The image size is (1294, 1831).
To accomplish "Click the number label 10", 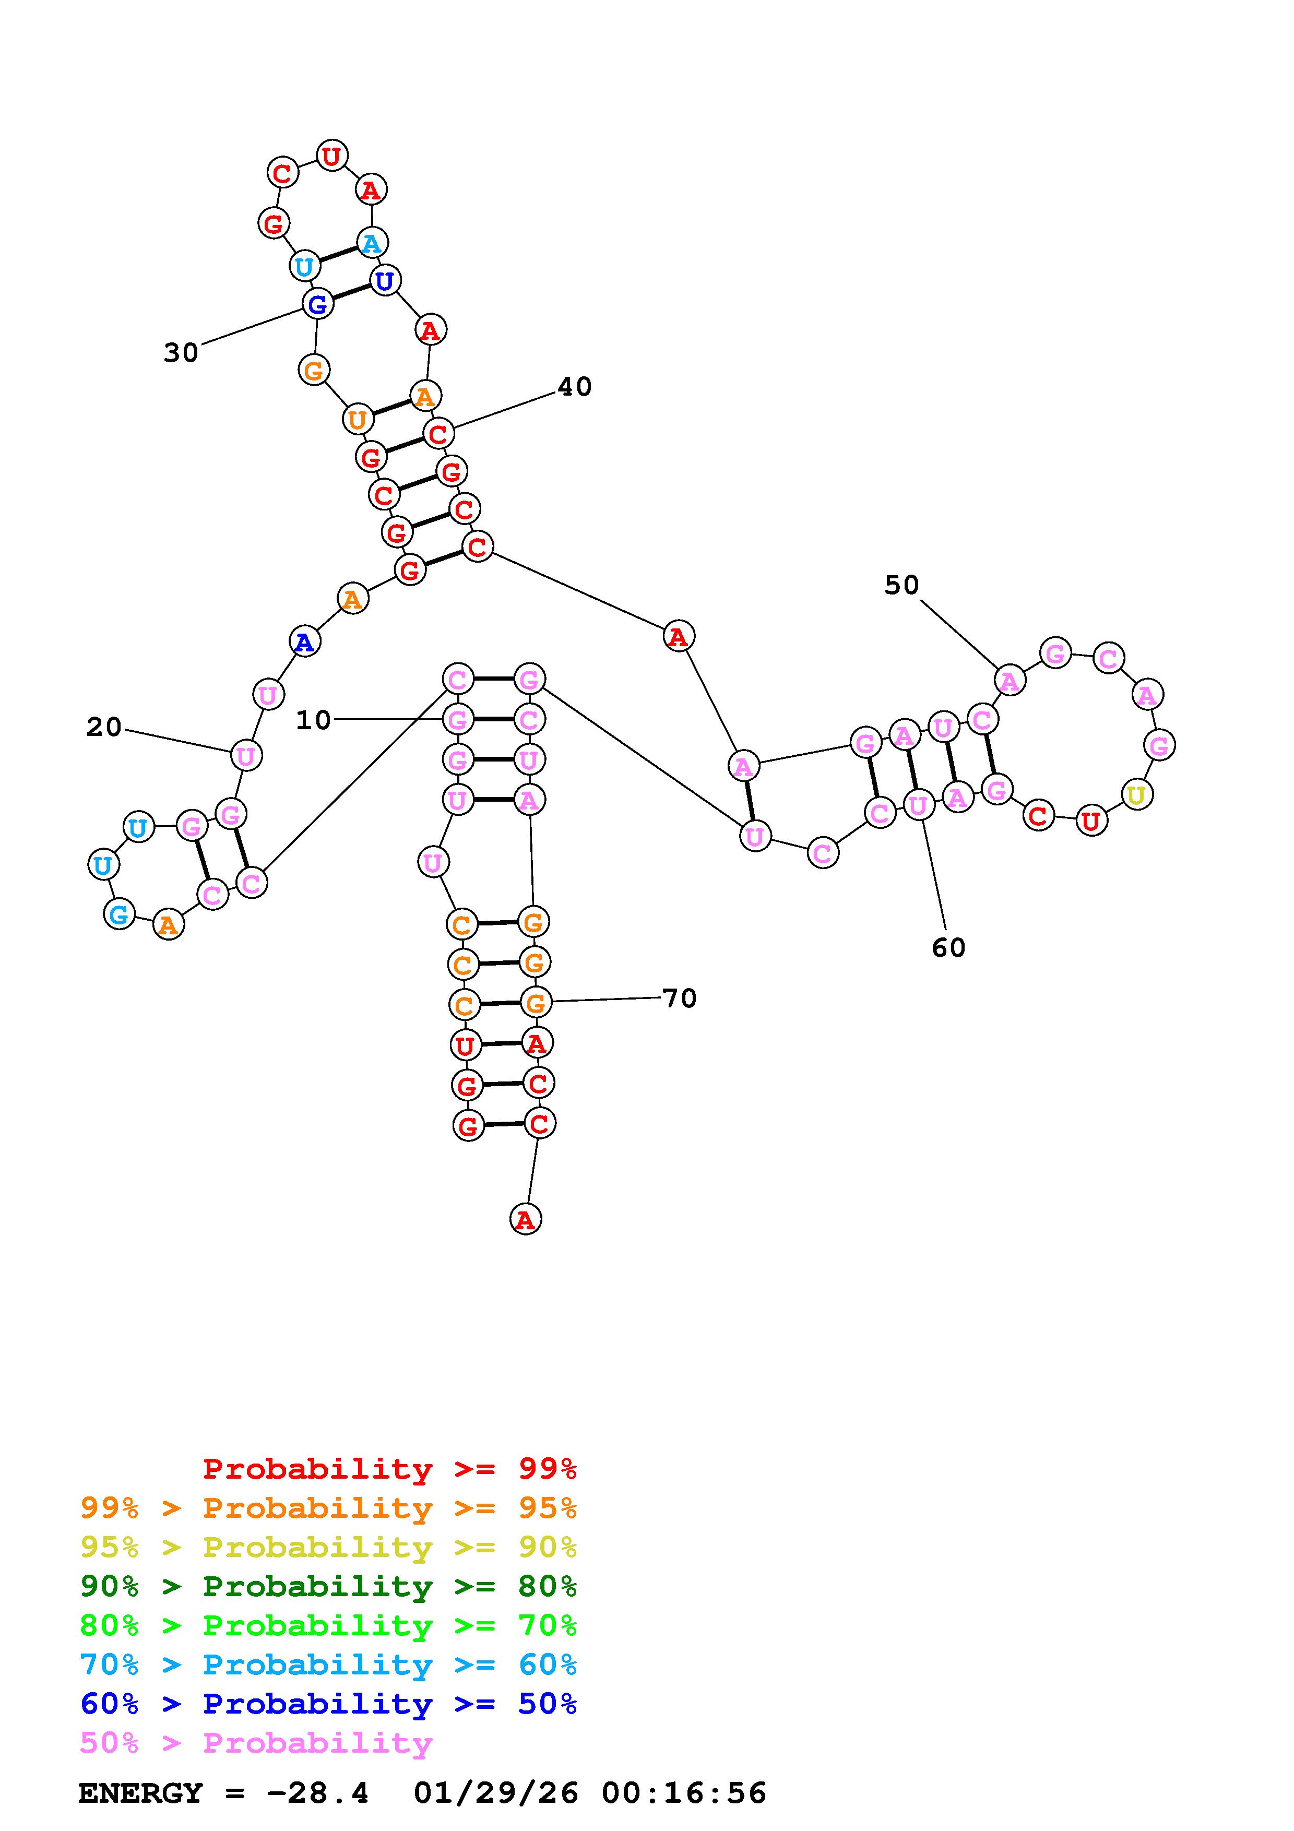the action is click(313, 720).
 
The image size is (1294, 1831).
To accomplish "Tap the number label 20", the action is click(104, 727).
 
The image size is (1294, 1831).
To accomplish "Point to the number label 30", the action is click(181, 352).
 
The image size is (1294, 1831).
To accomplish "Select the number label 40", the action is click(574, 387).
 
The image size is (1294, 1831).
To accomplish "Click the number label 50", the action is click(902, 585).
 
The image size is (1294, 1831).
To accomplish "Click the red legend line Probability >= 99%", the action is click(390, 1469).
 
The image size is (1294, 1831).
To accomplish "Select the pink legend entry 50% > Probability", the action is click(256, 1743).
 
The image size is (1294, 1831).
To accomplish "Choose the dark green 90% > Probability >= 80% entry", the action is click(328, 1586).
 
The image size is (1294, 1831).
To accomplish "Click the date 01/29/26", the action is click(496, 1793).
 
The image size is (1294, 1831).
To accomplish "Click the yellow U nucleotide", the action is click(1136, 794).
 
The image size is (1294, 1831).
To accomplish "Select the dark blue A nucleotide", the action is click(304, 641).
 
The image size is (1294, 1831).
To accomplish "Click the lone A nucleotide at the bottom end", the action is click(525, 1219).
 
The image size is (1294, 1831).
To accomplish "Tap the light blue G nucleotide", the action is click(119, 914).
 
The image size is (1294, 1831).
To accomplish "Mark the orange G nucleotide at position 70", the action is click(535, 1003).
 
